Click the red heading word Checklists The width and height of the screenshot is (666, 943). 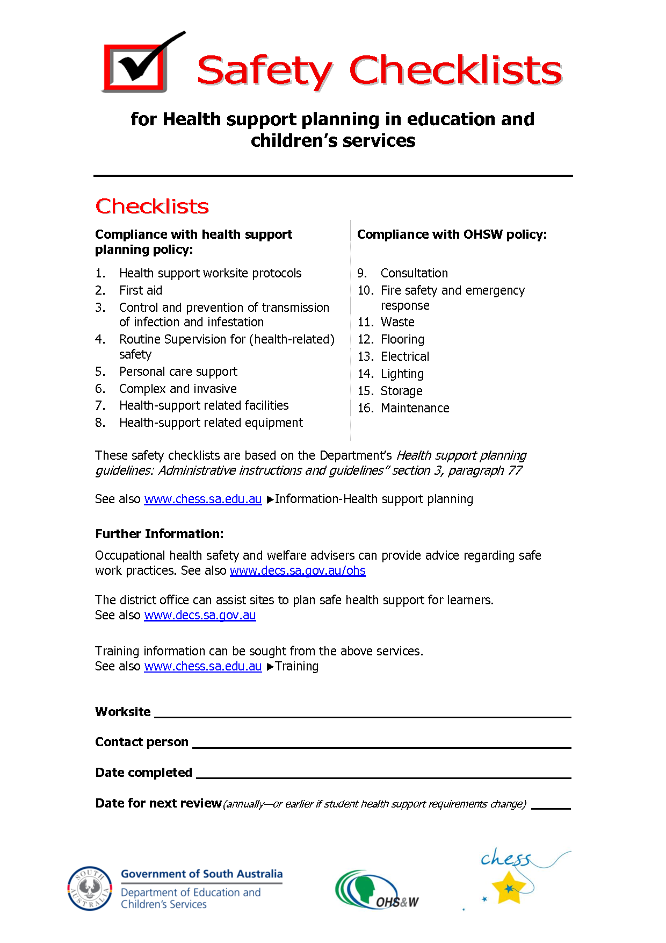[x=152, y=206]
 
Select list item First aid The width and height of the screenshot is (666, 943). [x=141, y=290]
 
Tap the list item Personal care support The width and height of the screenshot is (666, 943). [x=178, y=372]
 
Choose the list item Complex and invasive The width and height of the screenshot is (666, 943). [x=178, y=389]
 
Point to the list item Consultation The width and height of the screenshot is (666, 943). [x=414, y=273]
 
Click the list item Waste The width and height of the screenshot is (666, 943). [x=397, y=322]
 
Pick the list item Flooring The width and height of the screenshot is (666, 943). [x=402, y=339]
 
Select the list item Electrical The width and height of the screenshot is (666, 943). [x=405, y=356]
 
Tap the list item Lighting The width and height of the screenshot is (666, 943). [x=402, y=374]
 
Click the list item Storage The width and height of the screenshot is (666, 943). [x=402, y=391]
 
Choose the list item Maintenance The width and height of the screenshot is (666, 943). [x=415, y=408]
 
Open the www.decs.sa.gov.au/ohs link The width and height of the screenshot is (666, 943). [x=298, y=570]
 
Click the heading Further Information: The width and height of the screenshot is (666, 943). [x=160, y=534]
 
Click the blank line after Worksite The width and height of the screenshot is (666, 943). [x=363, y=716]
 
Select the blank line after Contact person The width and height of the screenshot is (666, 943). [x=381, y=746]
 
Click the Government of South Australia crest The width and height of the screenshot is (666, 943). [x=90, y=888]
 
